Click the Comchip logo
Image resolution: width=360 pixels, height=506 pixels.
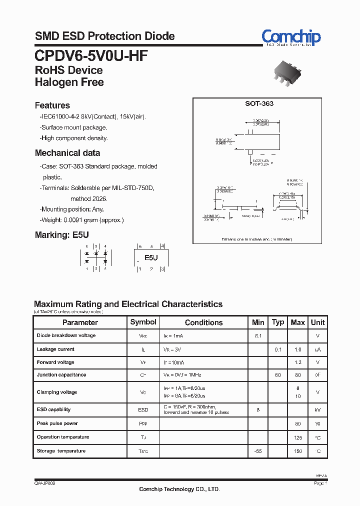(x=291, y=36)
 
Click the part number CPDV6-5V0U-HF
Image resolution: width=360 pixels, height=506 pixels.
(x=91, y=55)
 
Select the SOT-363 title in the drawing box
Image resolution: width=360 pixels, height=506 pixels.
(x=259, y=104)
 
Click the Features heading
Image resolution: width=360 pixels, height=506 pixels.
(x=52, y=105)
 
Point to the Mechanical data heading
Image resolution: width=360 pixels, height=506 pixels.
(x=67, y=153)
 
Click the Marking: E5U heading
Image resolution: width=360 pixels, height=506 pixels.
(x=61, y=235)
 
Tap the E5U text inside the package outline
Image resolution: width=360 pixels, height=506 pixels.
(x=151, y=258)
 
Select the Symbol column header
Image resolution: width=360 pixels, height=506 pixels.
(x=143, y=322)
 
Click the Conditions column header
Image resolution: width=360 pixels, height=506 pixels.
(x=203, y=323)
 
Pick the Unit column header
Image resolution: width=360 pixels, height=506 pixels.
(x=317, y=322)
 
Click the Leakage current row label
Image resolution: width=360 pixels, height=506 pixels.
(x=55, y=349)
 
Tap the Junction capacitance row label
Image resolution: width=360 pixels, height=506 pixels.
(x=61, y=375)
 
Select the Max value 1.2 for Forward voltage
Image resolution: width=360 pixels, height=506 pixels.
(x=297, y=362)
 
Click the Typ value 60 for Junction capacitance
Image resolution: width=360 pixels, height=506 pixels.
(x=277, y=375)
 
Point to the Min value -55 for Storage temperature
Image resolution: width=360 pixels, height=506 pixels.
(x=258, y=451)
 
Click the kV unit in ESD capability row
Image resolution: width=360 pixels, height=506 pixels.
(x=317, y=410)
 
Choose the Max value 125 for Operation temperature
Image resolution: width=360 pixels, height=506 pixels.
(x=297, y=437)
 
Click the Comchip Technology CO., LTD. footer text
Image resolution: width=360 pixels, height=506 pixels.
(x=179, y=489)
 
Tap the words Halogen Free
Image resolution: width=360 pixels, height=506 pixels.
(x=69, y=82)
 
